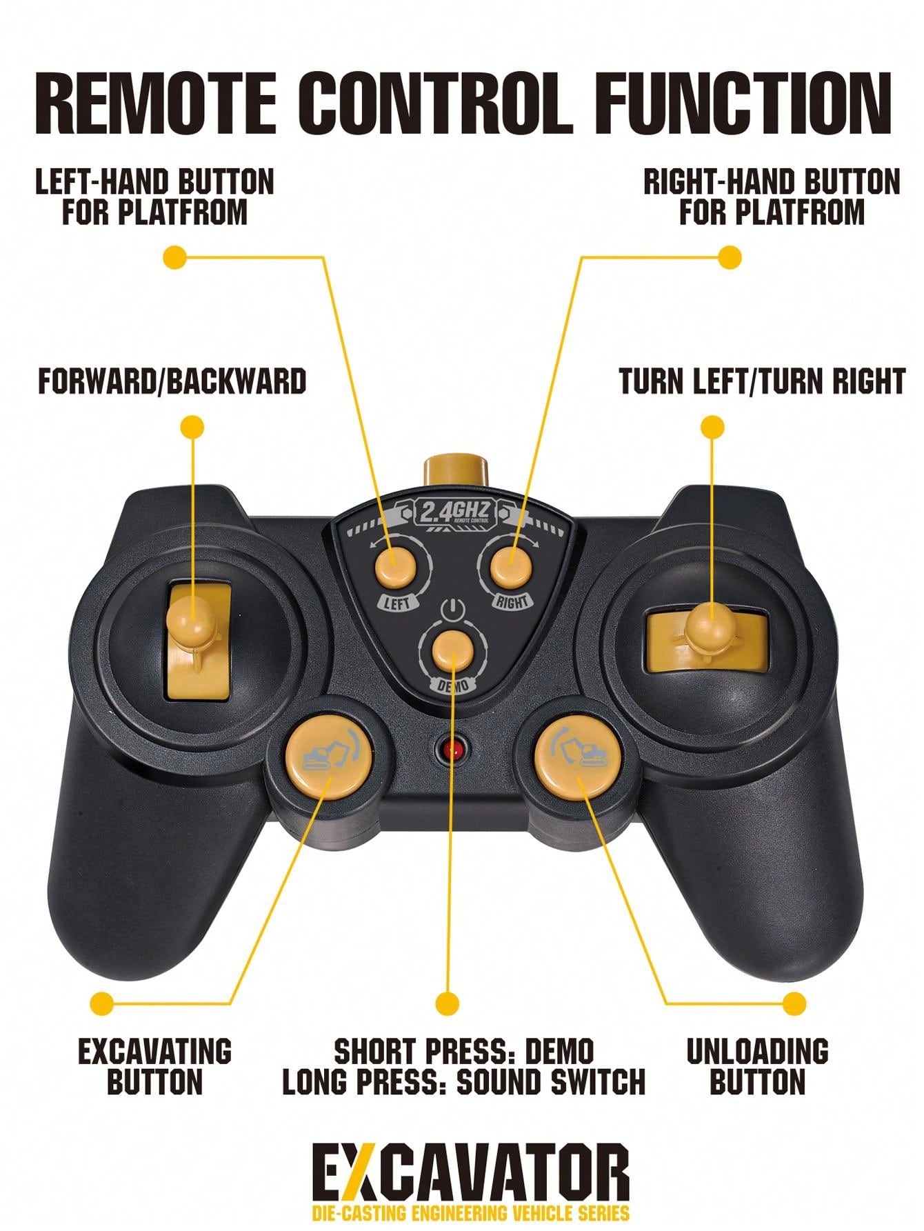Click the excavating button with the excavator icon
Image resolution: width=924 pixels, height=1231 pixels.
coord(329,757)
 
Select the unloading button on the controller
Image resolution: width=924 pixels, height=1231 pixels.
coord(578,757)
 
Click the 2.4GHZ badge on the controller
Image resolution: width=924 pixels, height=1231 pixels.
coord(454,512)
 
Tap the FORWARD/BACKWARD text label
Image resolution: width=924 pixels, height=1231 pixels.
coord(172,381)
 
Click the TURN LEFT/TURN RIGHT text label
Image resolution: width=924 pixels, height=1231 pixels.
coord(762,381)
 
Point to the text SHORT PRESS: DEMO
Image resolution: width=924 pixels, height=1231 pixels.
coord(464,1052)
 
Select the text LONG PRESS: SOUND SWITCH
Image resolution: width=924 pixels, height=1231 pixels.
coord(464,1081)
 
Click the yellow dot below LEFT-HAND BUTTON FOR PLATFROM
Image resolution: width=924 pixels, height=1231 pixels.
coord(175,257)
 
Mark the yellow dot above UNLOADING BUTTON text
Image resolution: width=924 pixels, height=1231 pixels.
coord(794,1003)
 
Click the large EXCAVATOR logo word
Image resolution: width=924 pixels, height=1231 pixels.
coord(471,1174)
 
